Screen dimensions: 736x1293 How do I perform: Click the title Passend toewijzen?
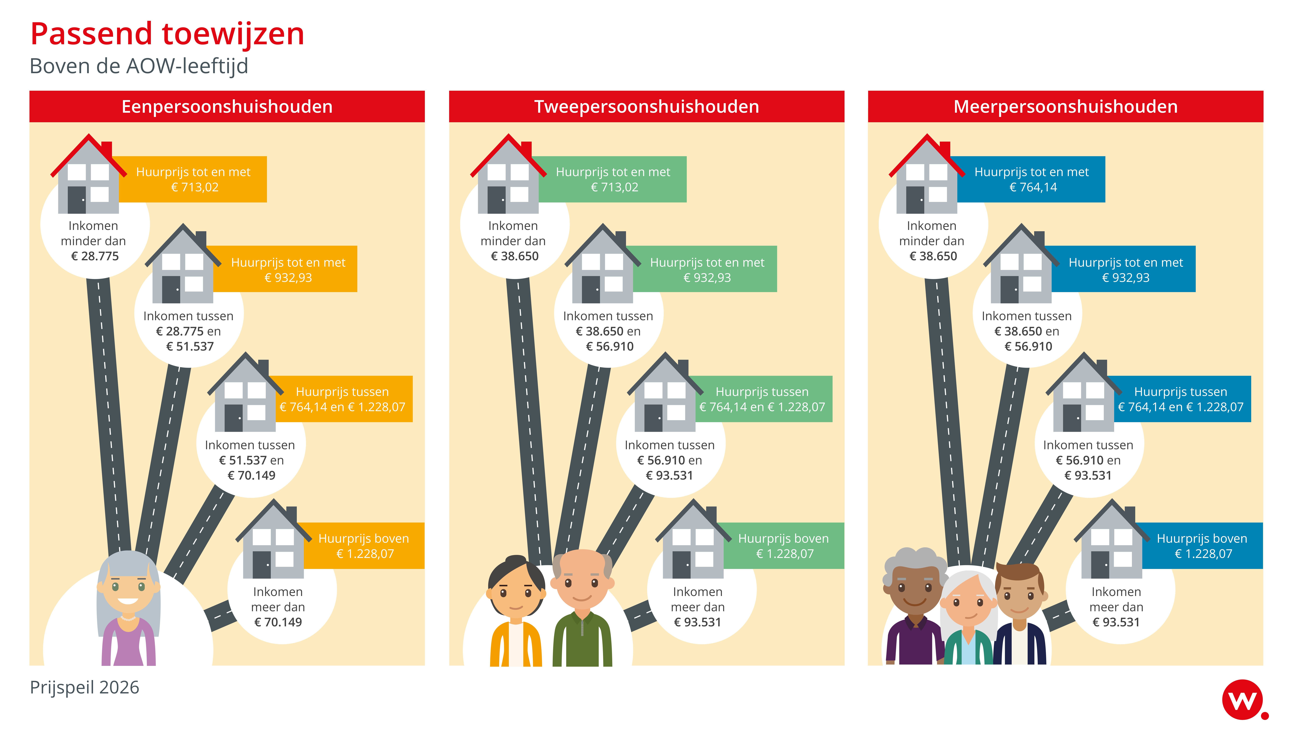point(167,34)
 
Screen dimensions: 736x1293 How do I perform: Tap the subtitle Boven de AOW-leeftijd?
point(139,66)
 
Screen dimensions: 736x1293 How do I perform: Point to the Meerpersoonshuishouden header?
point(1065,107)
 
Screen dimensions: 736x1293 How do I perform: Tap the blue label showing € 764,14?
point(1032,179)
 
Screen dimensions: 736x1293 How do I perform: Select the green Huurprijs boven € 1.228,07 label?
point(784,546)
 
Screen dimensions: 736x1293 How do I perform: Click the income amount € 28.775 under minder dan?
point(95,256)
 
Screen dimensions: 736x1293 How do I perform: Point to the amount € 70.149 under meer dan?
point(278,622)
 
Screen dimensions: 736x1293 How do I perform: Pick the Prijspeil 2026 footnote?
point(85,687)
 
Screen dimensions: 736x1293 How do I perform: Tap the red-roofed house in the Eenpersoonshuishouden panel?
point(88,177)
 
